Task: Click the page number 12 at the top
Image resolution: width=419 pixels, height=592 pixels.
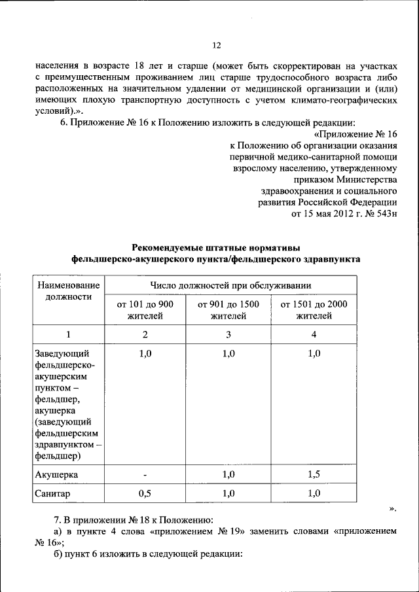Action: pos(217,45)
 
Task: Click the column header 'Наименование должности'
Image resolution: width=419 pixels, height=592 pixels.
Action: pos(68,291)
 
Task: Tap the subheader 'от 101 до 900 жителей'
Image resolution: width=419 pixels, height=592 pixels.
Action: pos(145,310)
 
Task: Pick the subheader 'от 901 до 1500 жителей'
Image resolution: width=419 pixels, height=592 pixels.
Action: pos(228,310)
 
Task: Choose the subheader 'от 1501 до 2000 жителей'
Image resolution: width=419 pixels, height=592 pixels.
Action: pos(314,310)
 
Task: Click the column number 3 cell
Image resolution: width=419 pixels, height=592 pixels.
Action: pos(228,334)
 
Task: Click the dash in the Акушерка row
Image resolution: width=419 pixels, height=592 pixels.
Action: pos(145,474)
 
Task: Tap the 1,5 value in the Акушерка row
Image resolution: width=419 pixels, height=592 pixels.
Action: pos(314,474)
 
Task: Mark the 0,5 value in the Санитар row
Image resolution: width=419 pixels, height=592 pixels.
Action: pos(145,494)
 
